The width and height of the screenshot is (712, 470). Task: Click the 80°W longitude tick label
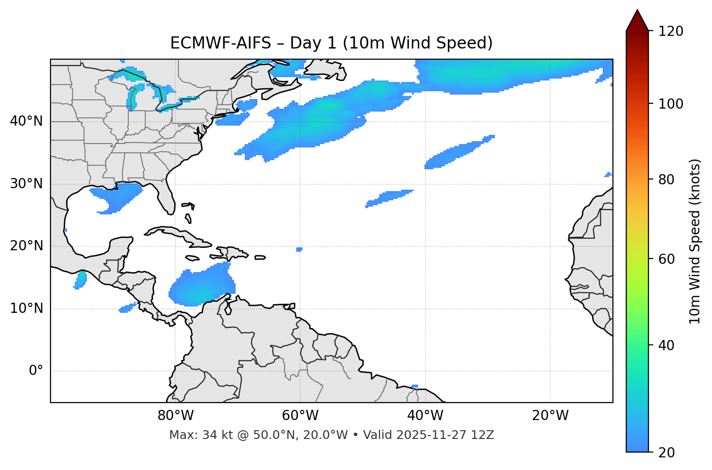[175, 416]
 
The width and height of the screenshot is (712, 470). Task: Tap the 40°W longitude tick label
[425, 416]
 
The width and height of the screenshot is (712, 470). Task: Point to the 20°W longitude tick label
[550, 416]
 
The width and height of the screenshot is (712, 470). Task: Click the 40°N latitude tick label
[26, 121]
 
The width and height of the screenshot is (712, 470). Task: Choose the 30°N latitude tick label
[26, 184]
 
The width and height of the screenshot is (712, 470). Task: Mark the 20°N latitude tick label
[26, 246]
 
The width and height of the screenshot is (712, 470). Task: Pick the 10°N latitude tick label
[26, 308]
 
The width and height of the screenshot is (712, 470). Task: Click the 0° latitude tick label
[35, 371]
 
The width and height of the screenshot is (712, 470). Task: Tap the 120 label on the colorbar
[671, 32]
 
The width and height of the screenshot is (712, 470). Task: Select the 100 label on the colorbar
[671, 104]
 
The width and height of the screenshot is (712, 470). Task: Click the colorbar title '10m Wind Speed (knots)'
[695, 241]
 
